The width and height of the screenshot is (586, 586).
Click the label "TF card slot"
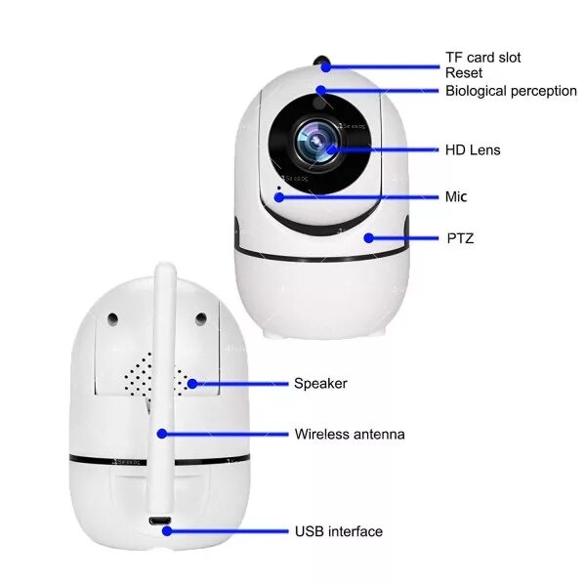coord(482,58)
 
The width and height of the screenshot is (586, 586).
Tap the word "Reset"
coord(463,73)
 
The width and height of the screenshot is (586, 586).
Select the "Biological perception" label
coord(511,91)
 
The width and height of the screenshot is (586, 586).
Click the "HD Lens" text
coord(473,150)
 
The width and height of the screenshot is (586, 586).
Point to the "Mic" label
coord(456,197)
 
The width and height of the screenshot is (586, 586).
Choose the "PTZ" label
coord(459,237)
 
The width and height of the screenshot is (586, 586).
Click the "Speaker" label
coord(320,384)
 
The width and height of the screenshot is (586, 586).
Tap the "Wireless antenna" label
coord(349,434)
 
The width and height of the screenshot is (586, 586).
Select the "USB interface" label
coord(338,532)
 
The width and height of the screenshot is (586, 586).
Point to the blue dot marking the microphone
coord(279,196)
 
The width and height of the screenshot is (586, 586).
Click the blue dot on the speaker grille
coord(192,384)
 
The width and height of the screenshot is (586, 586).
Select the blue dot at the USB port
coord(168,532)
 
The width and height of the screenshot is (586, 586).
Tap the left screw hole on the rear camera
coord(114,318)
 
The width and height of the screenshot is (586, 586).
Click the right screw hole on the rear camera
coord(200,318)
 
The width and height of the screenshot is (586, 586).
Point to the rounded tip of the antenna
coord(164,270)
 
